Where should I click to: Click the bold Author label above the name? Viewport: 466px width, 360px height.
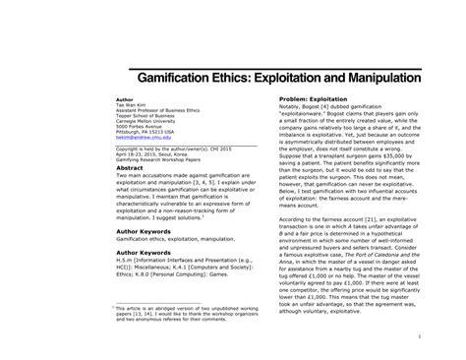pyautogui.click(x=127, y=99)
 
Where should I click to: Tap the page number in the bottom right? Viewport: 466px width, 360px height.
pyautogui.click(x=445, y=332)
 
